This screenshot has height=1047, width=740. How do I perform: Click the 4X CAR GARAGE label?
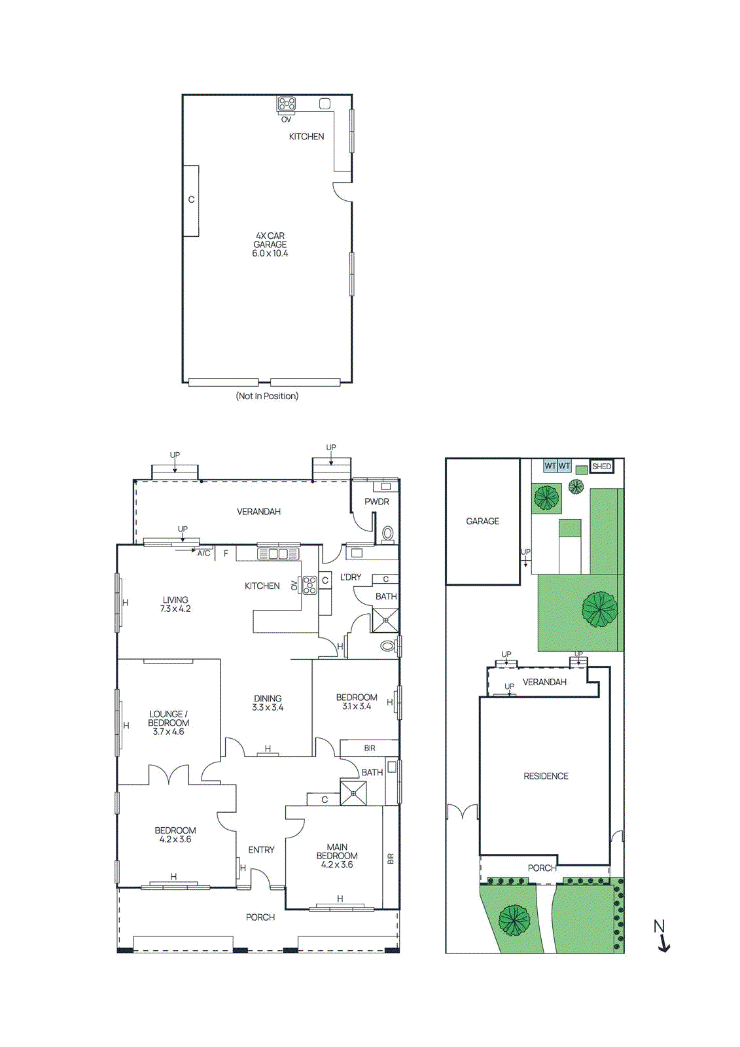click(270, 244)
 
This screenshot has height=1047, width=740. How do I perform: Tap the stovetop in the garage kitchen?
click(286, 103)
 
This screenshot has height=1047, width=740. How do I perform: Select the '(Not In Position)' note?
click(267, 396)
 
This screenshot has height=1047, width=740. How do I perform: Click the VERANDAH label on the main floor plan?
click(258, 512)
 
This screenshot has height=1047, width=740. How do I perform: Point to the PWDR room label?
click(377, 502)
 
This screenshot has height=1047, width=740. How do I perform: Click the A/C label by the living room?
click(204, 554)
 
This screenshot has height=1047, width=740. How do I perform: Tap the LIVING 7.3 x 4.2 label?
click(175, 604)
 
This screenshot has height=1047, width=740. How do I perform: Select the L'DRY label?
click(351, 577)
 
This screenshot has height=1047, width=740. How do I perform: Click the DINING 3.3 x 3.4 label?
click(268, 703)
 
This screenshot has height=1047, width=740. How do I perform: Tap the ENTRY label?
click(261, 849)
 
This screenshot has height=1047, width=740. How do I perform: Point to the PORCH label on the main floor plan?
click(260, 917)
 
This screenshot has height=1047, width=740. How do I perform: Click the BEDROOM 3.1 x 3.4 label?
click(357, 701)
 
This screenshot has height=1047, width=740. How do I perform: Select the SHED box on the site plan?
click(601, 467)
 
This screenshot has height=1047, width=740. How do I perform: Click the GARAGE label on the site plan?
click(482, 522)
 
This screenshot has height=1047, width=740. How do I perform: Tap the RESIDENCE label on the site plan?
click(546, 776)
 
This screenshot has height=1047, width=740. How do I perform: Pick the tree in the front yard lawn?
click(514, 920)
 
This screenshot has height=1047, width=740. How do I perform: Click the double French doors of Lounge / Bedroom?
click(169, 775)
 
